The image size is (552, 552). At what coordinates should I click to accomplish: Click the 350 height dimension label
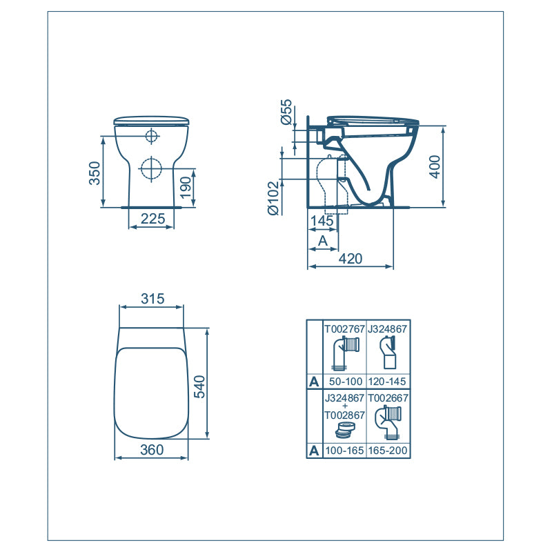[x=95, y=172]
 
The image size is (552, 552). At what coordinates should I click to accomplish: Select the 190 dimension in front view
[x=186, y=186]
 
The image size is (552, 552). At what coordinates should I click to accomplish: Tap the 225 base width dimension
[x=152, y=219]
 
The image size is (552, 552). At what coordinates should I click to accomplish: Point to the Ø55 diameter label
[x=286, y=112]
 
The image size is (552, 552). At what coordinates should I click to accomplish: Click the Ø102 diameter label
[x=274, y=198]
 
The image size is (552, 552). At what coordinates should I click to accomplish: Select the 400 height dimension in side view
[x=434, y=166]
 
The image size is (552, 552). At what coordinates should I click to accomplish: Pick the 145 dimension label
[x=322, y=221]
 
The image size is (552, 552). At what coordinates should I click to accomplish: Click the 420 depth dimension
[x=351, y=259]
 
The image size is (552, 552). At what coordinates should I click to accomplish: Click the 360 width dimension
[x=151, y=450]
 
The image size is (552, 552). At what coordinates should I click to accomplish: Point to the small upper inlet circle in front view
[x=151, y=136]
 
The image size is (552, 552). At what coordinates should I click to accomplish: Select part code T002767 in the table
[x=344, y=329]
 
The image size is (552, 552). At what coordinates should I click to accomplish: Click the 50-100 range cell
[x=344, y=382]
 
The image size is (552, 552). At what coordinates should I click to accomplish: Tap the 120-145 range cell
[x=387, y=382]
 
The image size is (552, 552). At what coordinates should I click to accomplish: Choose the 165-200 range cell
[x=387, y=451]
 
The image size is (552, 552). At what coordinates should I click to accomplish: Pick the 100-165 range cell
[x=344, y=451]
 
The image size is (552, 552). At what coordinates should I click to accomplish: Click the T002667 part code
[x=387, y=398]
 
